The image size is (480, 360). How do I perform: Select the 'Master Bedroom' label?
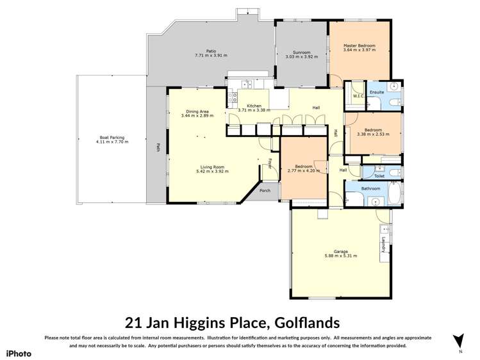point(359,46)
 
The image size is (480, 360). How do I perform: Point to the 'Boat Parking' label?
point(112,137)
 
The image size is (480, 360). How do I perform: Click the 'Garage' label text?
point(340,251)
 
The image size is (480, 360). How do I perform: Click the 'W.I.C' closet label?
point(358,96)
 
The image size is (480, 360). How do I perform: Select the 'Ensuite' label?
point(377,92)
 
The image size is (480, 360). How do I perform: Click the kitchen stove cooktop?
point(234,97)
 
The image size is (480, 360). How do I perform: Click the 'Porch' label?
point(265,191)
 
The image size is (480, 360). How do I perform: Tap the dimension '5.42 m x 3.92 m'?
point(212,172)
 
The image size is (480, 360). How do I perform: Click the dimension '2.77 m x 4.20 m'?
point(304,172)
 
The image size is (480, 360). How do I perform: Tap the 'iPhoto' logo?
point(18,353)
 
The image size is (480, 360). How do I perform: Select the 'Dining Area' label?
point(195,111)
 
